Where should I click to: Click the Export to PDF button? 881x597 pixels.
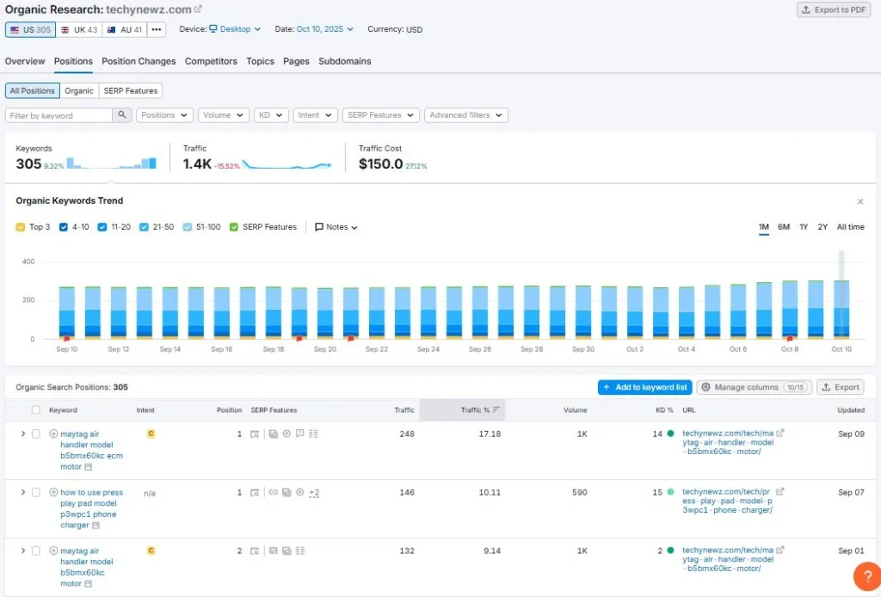pyautogui.click(x=833, y=9)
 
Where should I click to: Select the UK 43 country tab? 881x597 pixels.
pyautogui.click(x=78, y=29)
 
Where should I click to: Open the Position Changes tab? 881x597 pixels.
pyautogui.click(x=139, y=61)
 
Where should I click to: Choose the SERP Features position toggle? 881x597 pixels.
pyautogui.click(x=131, y=90)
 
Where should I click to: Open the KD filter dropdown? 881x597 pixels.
pyautogui.click(x=271, y=115)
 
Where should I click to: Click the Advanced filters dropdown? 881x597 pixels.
pyautogui.click(x=465, y=115)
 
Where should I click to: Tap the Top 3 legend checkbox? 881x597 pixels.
pyautogui.click(x=21, y=227)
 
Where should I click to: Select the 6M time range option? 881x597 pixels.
pyautogui.click(x=783, y=227)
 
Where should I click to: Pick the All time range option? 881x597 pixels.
pyautogui.click(x=850, y=227)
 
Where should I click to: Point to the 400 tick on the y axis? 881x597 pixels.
pyautogui.click(x=28, y=262)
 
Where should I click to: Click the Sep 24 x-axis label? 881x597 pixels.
pyautogui.click(x=428, y=349)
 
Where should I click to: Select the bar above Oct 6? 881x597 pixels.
pyautogui.click(x=738, y=311)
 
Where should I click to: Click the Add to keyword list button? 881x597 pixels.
pyautogui.click(x=644, y=387)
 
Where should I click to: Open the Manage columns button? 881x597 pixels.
pyautogui.click(x=754, y=387)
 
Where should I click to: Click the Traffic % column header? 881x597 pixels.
pyautogui.click(x=475, y=410)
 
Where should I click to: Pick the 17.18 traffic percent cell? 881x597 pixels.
pyautogui.click(x=490, y=434)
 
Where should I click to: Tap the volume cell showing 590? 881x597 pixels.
pyautogui.click(x=579, y=492)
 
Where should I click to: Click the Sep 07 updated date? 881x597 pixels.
pyautogui.click(x=851, y=492)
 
